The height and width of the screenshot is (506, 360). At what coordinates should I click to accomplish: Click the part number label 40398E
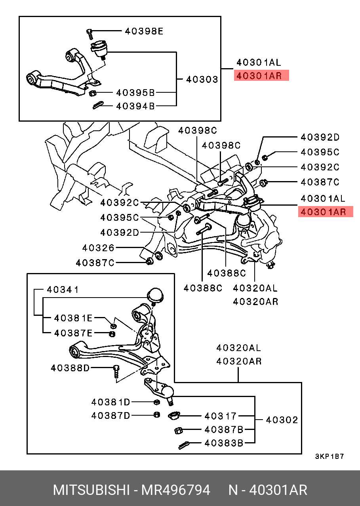tap(144, 31)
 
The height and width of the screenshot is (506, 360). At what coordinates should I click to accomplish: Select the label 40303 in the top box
tap(202, 80)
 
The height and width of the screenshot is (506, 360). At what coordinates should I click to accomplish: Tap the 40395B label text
tap(135, 93)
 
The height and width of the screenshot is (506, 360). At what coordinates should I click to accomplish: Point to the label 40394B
tap(135, 106)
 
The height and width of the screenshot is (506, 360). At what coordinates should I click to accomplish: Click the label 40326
tap(98, 248)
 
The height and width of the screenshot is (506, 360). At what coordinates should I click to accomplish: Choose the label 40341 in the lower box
tap(63, 290)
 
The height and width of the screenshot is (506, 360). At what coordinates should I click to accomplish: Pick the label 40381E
tap(73, 318)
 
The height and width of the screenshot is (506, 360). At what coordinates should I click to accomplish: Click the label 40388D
tap(70, 368)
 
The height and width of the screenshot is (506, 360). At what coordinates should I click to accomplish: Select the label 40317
tap(220, 416)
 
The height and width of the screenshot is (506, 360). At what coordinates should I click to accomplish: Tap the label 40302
tap(282, 420)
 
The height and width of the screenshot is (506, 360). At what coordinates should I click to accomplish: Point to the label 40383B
tap(224, 443)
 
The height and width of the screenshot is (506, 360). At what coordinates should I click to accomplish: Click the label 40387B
tap(224, 430)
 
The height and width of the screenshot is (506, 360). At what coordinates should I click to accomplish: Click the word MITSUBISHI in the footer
tap(91, 490)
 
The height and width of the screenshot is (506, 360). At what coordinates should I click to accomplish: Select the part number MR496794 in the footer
tap(176, 490)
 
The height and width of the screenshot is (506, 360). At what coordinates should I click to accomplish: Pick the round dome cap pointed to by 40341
tap(155, 296)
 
